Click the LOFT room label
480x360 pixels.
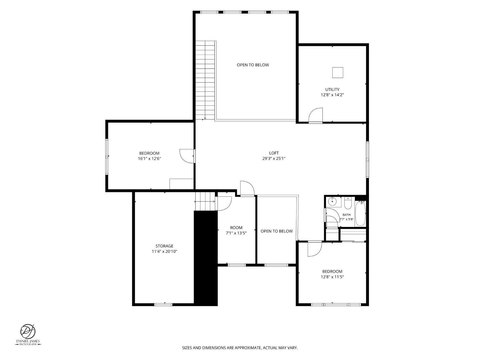[274, 153]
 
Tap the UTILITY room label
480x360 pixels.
[332, 89]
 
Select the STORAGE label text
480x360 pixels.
[164, 246]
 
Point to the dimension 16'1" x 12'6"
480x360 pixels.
[149, 158]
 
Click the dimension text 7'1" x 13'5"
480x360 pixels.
[236, 233]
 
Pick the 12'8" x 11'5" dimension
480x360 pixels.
[332, 277]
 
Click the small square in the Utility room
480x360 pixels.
[338, 73]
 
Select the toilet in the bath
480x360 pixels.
[348, 203]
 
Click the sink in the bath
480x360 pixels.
[332, 201]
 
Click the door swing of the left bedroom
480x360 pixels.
[187, 156]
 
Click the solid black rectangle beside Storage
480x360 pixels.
[206, 258]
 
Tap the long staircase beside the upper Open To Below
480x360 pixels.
[205, 80]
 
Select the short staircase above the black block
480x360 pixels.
[205, 201]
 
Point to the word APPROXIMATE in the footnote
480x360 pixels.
[248, 348]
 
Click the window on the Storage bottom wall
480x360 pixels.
[163, 304]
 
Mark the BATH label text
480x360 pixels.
[346, 215]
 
